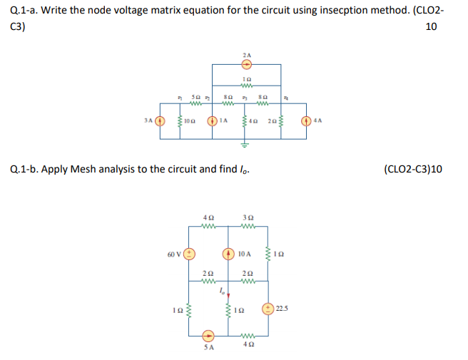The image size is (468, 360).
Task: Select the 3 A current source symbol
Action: tap(161, 120)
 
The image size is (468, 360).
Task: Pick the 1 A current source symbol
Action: tap(211, 120)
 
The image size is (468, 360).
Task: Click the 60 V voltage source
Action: tap(190, 253)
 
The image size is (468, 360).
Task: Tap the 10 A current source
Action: tap(229, 253)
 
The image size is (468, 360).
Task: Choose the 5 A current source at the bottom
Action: tap(208, 334)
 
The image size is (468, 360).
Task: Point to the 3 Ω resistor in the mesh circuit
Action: tap(248, 226)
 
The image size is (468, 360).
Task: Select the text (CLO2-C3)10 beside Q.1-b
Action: tap(412, 170)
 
